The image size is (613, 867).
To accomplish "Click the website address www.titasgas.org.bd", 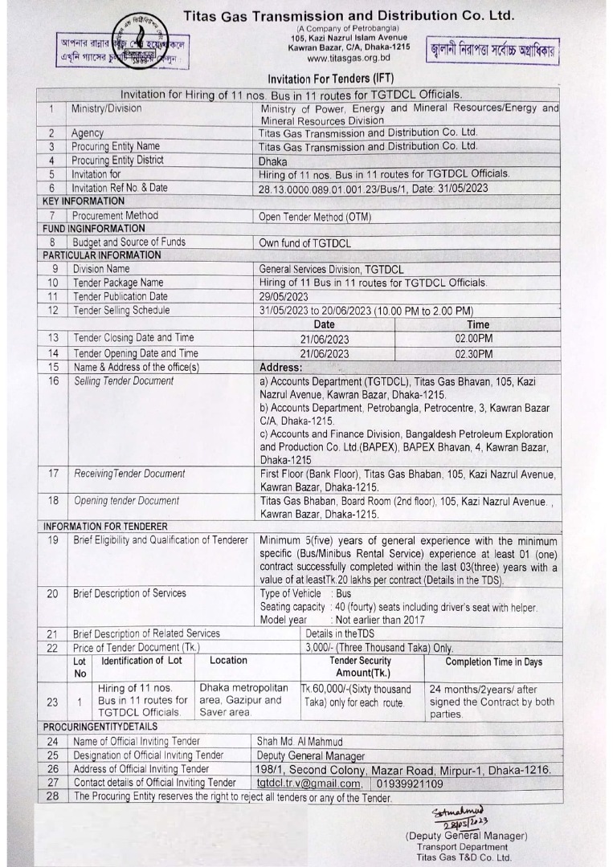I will click(348, 59).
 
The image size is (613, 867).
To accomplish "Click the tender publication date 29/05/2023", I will click(284, 296).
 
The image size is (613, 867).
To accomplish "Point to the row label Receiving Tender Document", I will click(129, 474).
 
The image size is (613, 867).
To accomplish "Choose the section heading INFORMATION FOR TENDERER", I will click(105, 527).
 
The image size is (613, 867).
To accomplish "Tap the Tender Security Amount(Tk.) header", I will click(361, 666).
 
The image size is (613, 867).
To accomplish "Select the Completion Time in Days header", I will click(493, 662).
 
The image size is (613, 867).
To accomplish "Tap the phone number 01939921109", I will click(410, 784).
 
